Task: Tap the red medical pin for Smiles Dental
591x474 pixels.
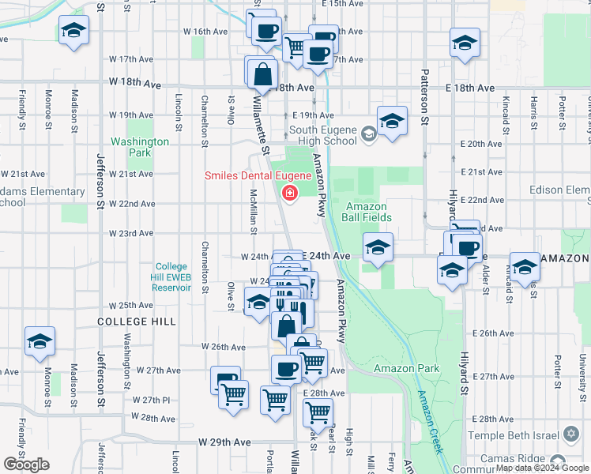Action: point(290,193)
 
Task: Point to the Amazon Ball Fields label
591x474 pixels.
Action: point(366,212)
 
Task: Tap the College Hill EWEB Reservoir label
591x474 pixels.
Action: point(172,277)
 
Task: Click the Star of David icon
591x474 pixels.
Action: point(570,435)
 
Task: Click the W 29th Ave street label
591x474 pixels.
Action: point(224,443)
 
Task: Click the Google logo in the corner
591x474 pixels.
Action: point(26,465)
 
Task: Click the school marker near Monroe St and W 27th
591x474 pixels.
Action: point(40,341)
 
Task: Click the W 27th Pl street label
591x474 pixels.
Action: point(152,401)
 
